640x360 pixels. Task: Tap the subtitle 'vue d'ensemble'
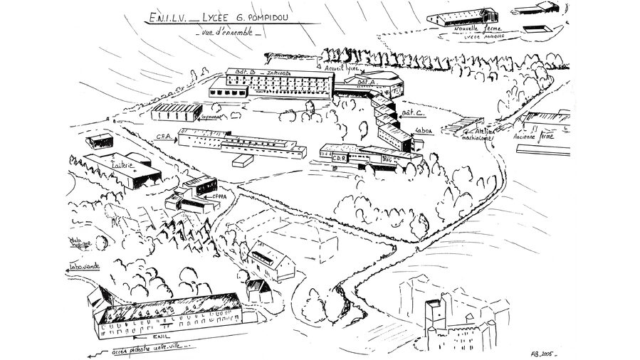(x=228, y=33)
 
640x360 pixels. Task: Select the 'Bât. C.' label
(x=414, y=112)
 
